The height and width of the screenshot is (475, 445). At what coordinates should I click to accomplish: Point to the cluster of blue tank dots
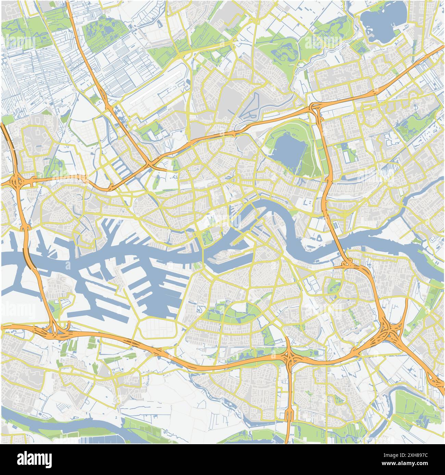tap(335, 224)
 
